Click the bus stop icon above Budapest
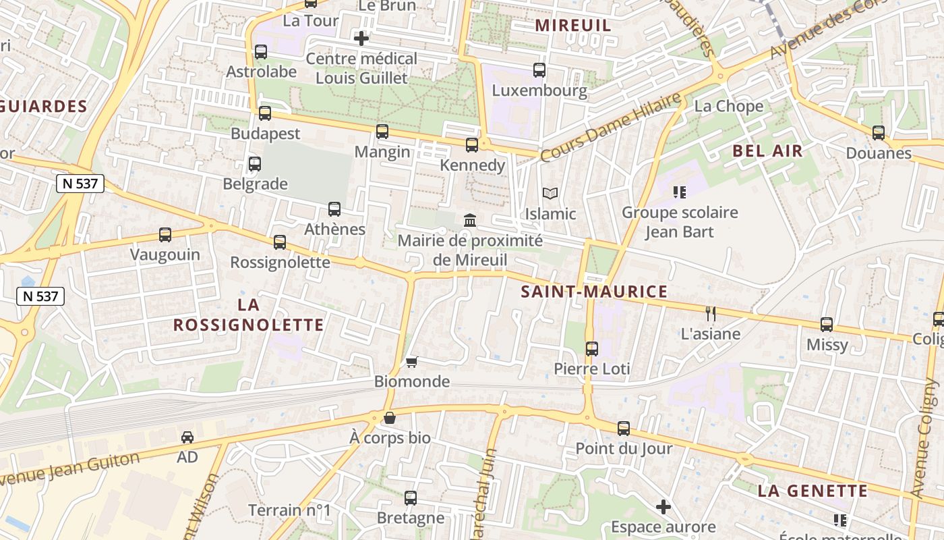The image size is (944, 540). pos(265,113)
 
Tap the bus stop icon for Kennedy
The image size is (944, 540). pos(472,144)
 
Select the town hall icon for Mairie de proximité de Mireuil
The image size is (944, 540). pos(470,221)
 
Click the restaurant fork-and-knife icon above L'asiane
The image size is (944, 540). pos(710,313)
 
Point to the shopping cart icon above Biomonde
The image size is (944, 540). pos(412,362)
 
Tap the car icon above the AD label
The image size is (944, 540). pos(187,437)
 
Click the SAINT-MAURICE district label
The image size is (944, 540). pos(594,292)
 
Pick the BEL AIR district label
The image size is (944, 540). pos(767,151)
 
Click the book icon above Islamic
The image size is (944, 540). pos(550,194)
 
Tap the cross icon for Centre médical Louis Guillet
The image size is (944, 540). pos(361,38)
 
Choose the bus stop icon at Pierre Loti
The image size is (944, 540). pos(592,349)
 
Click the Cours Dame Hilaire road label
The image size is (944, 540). pos(611,127)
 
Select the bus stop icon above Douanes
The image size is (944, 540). pos(879,133)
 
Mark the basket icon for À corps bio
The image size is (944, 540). pos(390,418)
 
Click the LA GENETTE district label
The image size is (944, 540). pos(813,491)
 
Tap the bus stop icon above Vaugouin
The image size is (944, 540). pos(165,235)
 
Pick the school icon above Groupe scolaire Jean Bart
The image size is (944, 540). pos(680,192)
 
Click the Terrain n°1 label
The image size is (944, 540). pos(289,510)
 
